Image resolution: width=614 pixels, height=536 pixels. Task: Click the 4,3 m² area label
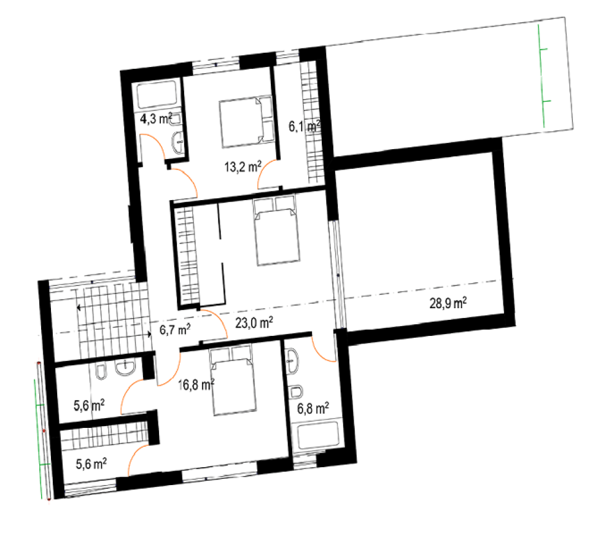(156, 118)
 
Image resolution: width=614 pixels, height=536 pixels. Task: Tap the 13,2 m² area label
(243, 167)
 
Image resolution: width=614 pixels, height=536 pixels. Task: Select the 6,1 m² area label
(305, 126)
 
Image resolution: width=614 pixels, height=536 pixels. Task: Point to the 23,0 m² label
(254, 322)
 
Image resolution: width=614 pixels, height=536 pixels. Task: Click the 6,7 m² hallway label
(174, 329)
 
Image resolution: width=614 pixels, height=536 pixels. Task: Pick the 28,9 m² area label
(448, 303)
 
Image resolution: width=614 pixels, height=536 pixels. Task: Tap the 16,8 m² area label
(196, 385)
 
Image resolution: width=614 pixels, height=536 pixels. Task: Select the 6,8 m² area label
(313, 408)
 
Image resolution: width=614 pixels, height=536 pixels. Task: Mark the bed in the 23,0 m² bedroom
(276, 230)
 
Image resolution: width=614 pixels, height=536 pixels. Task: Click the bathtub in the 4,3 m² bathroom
(157, 94)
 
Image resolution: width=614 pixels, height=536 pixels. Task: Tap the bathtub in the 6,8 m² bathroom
(317, 436)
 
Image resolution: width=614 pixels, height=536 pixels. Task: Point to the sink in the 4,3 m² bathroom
(179, 143)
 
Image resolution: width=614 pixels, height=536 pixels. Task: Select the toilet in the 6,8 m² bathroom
(296, 392)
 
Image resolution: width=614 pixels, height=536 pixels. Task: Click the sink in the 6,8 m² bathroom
(292, 360)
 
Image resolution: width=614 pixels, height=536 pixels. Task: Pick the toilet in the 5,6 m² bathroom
(101, 372)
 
